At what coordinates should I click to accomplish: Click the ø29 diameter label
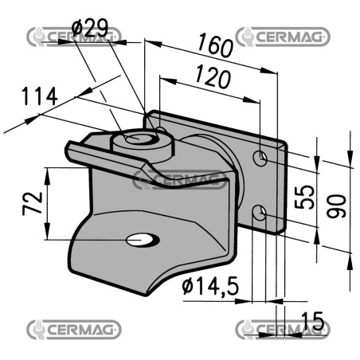[90, 28]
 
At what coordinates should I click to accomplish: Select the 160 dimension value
[215, 45]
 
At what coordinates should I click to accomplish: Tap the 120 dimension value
[213, 76]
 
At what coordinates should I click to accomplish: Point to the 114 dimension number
[40, 96]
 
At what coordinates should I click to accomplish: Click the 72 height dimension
[33, 203]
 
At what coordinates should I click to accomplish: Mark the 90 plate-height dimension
[336, 206]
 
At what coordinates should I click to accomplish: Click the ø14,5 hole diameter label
[210, 286]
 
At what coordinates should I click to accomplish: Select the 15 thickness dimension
[313, 321]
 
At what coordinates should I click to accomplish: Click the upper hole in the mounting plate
[260, 158]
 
